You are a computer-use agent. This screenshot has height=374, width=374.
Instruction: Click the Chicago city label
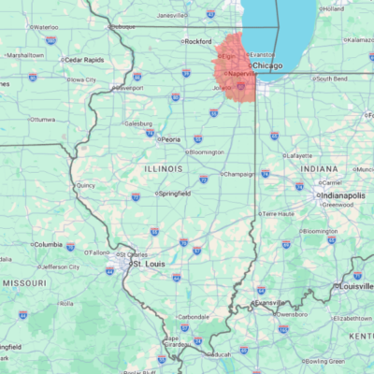(x=267, y=66)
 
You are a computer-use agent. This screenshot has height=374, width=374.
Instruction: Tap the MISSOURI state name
(x=24, y=282)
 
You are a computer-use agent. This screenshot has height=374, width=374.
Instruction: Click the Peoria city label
(x=169, y=139)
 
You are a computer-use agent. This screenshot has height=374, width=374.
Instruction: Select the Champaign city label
(x=240, y=174)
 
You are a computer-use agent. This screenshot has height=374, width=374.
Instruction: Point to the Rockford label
(x=197, y=42)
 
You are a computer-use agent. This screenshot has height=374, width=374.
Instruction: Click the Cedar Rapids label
(x=83, y=60)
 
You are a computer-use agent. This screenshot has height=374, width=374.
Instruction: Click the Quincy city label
(x=86, y=185)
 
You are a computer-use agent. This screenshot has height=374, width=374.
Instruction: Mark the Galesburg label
(x=138, y=123)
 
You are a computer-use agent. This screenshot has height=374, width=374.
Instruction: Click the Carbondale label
(x=194, y=317)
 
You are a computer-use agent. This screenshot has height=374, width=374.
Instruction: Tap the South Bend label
(x=332, y=79)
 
